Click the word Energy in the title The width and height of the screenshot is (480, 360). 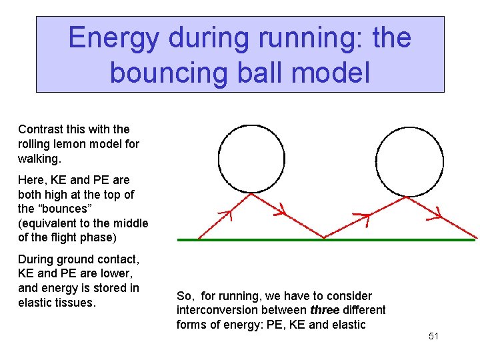point(113,37)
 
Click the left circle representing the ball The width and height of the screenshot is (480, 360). point(251,161)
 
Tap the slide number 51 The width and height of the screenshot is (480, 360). point(433,336)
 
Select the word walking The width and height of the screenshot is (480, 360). point(41,159)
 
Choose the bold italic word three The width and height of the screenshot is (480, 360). point(325,310)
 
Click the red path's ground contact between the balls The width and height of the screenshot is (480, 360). point(325,237)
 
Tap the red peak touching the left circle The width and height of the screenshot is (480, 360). point(251,194)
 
